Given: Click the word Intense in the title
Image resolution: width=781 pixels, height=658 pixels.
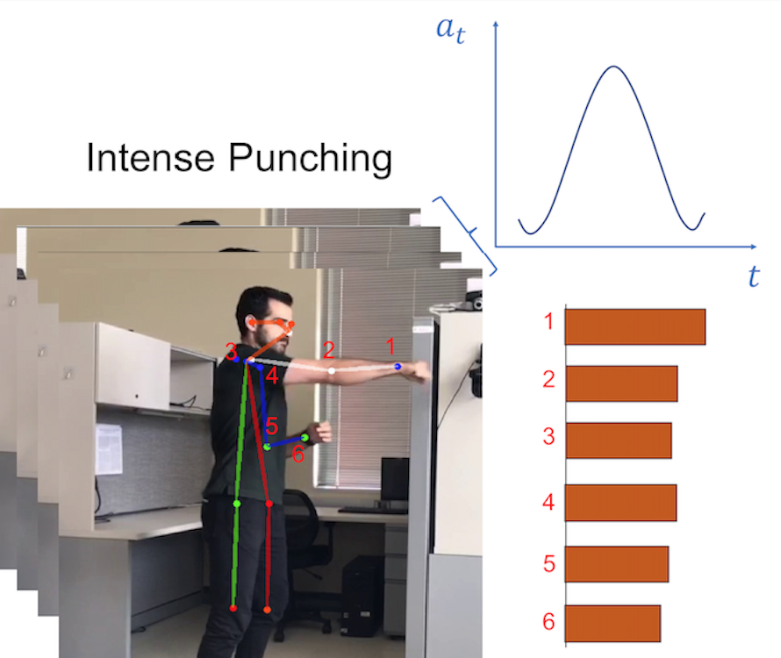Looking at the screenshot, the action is coord(150,157).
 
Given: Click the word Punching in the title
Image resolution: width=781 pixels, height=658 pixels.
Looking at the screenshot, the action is coord(311,160).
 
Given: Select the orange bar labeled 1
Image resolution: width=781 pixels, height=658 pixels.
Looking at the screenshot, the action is coord(635,326).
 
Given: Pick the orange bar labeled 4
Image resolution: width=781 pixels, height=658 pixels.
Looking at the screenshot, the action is coord(620,503).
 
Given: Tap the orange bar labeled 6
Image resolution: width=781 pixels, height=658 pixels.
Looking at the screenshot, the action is coord(613,624).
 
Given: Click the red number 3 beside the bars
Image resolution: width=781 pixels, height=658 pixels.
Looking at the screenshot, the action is coord(548,436).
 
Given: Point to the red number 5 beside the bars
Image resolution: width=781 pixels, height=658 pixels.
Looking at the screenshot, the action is coord(548,564).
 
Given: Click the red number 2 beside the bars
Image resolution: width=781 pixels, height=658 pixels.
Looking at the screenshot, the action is coord(548,380).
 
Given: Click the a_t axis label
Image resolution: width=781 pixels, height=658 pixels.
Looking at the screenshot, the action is coord(451,30).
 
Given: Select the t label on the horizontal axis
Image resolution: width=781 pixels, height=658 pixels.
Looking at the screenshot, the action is coord(754,276).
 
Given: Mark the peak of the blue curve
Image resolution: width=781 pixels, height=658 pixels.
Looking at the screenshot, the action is coord(613,67).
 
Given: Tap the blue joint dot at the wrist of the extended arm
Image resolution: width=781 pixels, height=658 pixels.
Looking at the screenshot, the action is coord(398,367).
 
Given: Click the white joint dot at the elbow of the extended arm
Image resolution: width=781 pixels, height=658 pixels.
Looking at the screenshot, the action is coord(331,370).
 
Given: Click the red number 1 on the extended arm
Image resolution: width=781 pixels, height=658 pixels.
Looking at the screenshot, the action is coord(390,347).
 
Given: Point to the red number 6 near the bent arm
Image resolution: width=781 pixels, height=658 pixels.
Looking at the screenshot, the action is coord(297,454).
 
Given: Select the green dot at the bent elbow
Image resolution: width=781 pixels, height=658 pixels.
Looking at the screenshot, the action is coord(267,447).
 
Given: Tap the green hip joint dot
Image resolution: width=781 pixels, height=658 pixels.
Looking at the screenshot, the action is coord(237,504).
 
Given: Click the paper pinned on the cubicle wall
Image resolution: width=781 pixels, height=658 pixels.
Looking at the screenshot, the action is coord(109,449).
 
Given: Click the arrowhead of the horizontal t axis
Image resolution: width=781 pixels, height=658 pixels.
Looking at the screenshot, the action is coord(753,247).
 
